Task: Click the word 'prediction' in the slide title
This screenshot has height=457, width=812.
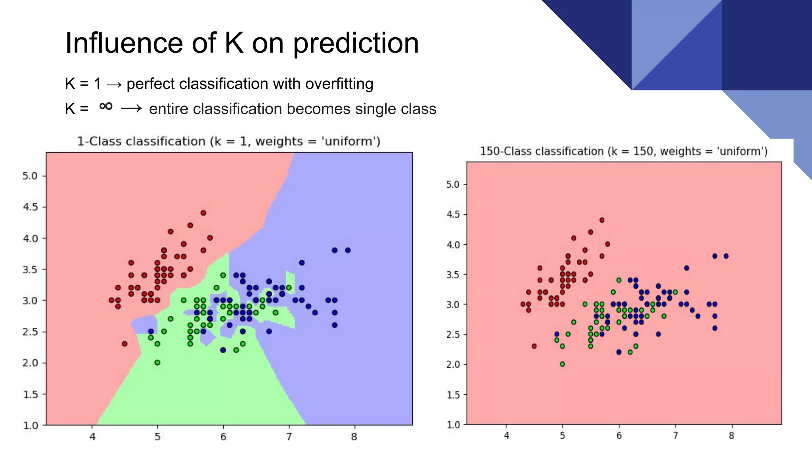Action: pos(356,43)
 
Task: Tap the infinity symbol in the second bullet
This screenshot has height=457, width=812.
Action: pos(106,106)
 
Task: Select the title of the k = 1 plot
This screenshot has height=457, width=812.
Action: pos(228,142)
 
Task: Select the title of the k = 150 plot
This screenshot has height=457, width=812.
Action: pos(623,152)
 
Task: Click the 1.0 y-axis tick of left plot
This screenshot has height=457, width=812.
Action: pos(30,426)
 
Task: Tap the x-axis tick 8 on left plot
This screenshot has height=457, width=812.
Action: pos(354,437)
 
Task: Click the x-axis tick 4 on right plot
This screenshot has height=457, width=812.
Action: pos(506,436)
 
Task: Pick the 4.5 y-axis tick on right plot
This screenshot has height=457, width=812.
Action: pos(453,215)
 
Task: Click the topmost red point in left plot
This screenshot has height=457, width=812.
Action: pos(203,213)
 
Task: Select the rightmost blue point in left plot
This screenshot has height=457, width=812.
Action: pos(348,250)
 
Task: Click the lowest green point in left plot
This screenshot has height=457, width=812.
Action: pos(157,363)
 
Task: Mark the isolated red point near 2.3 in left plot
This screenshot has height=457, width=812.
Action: pos(124,344)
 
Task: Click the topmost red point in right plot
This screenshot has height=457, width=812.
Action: pos(602,220)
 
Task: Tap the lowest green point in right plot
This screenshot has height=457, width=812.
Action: pos(562,364)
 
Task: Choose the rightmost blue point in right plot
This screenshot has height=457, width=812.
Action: pos(726,256)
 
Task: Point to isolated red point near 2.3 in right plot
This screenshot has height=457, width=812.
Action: pos(534,346)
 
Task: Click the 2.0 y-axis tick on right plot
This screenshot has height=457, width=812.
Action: pos(453,365)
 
